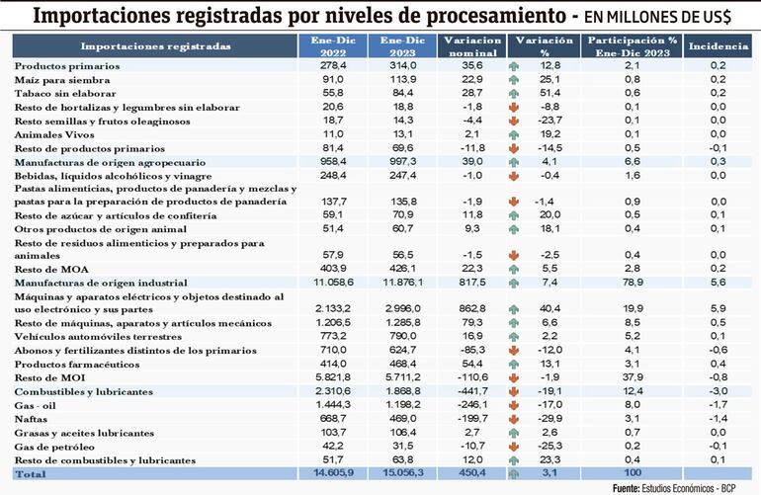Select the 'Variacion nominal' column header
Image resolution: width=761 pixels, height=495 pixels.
point(472,45)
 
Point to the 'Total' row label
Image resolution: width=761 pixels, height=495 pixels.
point(31,474)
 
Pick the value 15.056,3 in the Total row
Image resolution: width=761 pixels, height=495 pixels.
point(399,474)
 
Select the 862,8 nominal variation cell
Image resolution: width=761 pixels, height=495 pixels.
point(472,307)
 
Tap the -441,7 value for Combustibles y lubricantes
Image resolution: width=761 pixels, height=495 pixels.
point(472,391)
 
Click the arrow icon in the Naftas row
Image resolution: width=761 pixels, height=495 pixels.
point(515,419)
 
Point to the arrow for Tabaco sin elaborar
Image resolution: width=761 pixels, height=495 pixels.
point(515,92)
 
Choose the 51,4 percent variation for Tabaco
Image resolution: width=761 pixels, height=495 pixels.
point(550,92)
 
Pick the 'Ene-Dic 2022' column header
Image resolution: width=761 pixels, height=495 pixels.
point(327,45)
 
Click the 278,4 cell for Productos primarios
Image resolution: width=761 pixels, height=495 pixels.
point(329,65)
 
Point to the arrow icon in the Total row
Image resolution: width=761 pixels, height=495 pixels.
point(515,474)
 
